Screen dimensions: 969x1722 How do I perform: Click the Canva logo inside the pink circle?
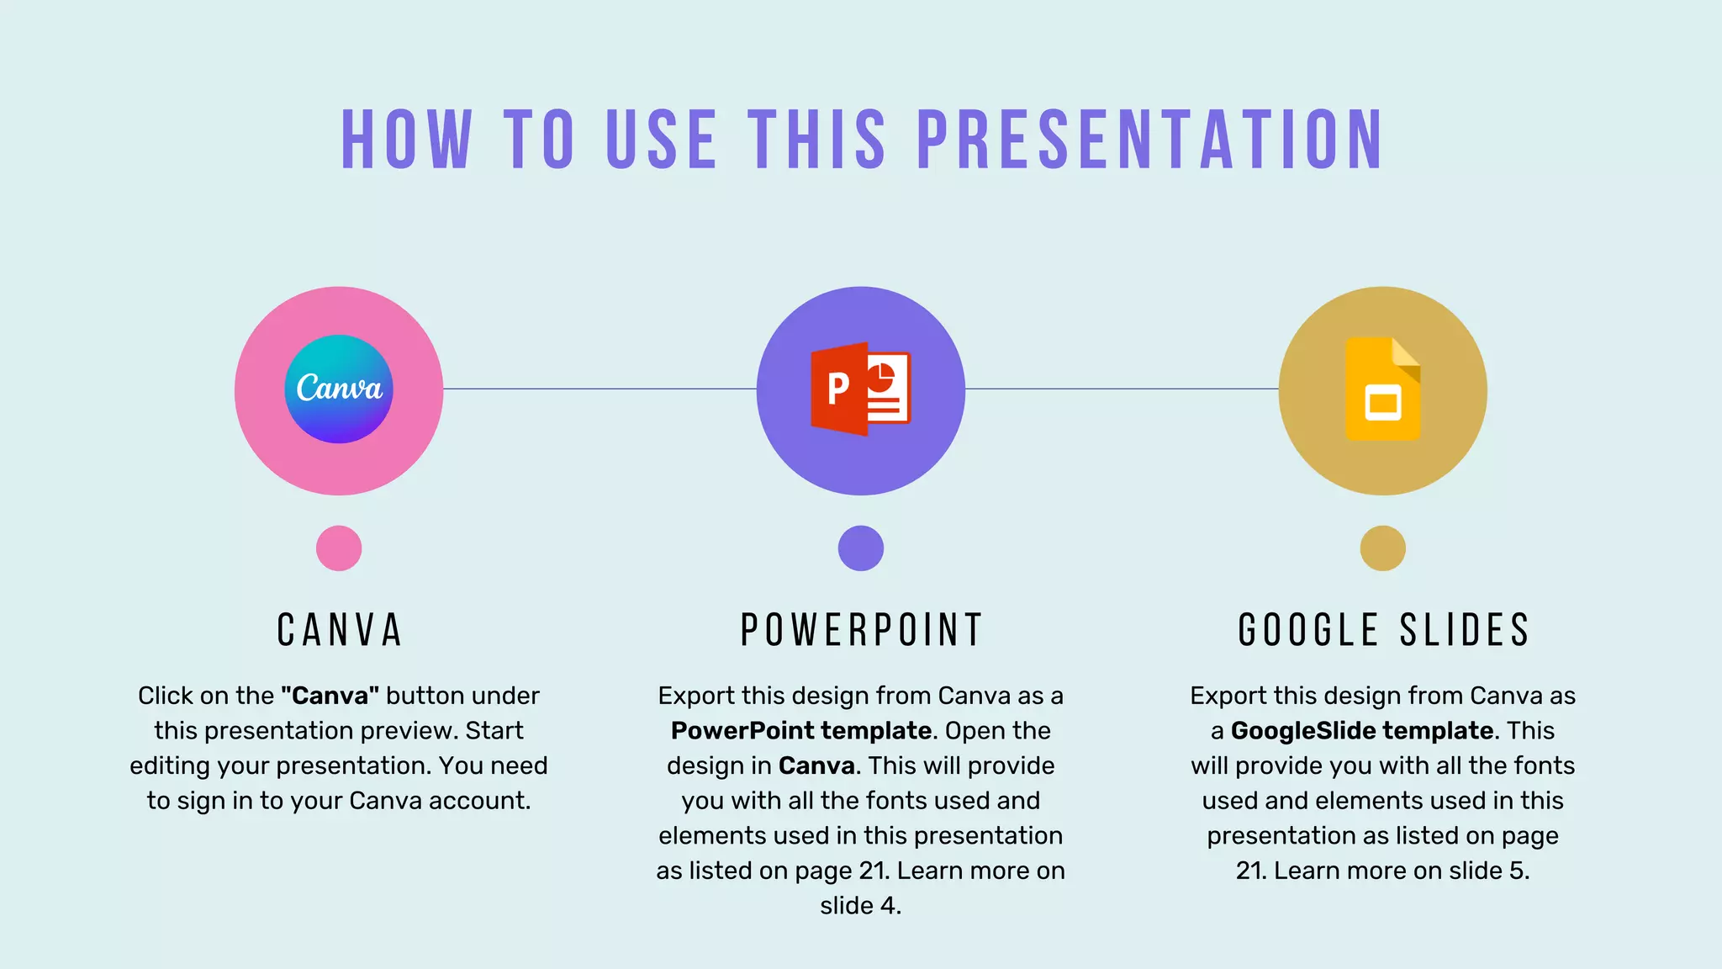(339, 389)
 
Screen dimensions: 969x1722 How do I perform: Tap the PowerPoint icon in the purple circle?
(860, 389)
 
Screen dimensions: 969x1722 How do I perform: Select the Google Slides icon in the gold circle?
(1382, 389)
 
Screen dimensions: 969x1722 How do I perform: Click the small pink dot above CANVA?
(339, 548)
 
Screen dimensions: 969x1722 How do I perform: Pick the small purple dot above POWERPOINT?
(860, 548)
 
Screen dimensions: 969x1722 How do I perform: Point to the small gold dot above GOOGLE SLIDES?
(1382, 548)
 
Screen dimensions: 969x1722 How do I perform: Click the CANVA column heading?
(340, 630)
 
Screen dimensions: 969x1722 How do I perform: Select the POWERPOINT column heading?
(861, 630)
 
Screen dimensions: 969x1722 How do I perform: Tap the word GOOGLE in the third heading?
(1307, 630)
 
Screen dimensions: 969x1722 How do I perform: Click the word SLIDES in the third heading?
(1464, 630)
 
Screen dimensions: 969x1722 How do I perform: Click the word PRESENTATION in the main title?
(1149, 140)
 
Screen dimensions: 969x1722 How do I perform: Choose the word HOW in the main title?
(406, 140)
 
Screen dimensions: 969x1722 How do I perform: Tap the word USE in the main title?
(661, 140)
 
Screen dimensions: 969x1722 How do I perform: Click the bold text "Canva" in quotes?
(330, 696)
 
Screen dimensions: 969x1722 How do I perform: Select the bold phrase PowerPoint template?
(801, 730)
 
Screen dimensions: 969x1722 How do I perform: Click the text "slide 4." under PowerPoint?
(860, 906)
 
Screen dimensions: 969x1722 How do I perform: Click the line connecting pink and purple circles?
(600, 389)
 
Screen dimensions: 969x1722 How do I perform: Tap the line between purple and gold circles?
(1122, 389)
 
